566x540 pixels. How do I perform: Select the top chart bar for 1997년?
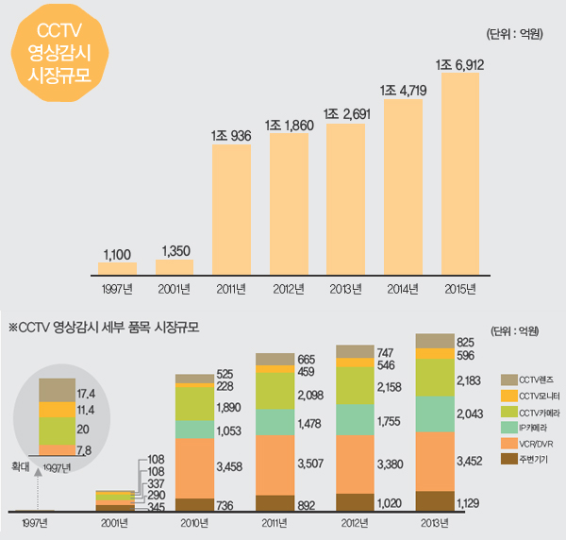[118, 268]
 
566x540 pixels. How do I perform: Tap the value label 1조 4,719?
[401, 92]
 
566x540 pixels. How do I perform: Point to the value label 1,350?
[175, 250]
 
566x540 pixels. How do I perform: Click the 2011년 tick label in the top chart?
[232, 288]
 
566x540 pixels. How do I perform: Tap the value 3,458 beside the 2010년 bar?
[229, 465]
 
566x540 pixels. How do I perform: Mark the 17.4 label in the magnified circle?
[85, 390]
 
